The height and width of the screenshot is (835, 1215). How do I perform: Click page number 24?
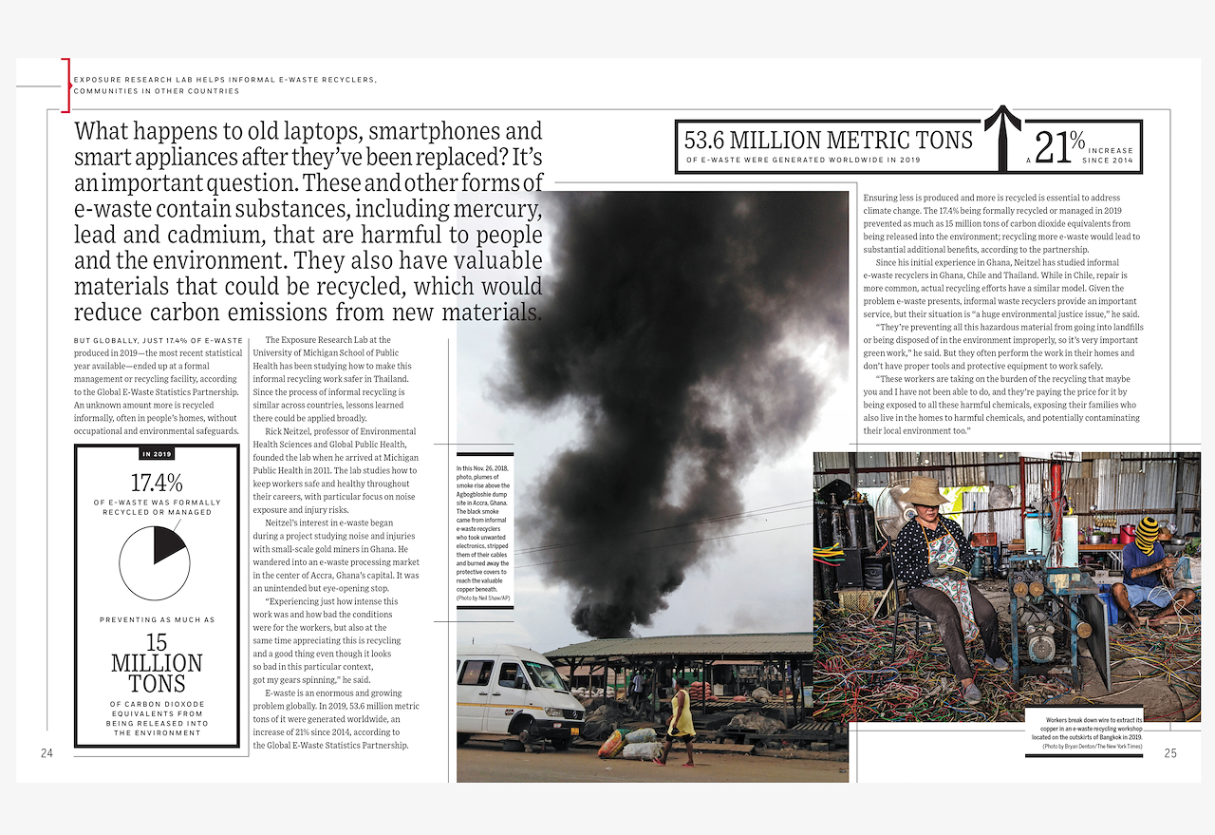pyautogui.click(x=47, y=753)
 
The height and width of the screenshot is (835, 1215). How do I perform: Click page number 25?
pyautogui.click(x=1169, y=753)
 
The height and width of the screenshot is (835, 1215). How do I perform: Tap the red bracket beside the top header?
pyautogui.click(x=66, y=85)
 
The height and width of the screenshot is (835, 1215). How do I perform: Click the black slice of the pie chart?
pyautogui.click(x=166, y=545)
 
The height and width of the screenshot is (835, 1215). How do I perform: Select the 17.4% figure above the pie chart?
pyautogui.click(x=157, y=483)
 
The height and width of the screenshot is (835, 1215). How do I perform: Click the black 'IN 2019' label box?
pyautogui.click(x=157, y=454)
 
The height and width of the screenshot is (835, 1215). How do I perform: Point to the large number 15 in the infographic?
pyautogui.click(x=157, y=643)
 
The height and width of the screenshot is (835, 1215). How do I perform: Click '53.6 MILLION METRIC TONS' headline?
pyautogui.click(x=829, y=141)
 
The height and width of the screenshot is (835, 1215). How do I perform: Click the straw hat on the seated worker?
pyautogui.click(x=925, y=491)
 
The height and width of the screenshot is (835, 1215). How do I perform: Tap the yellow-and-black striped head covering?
pyautogui.click(x=1148, y=534)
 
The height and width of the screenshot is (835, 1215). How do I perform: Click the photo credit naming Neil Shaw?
pyautogui.click(x=483, y=597)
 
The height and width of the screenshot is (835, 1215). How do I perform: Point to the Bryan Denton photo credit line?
pyautogui.click(x=1092, y=747)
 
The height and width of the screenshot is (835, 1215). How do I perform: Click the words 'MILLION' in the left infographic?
pyautogui.click(x=157, y=663)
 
